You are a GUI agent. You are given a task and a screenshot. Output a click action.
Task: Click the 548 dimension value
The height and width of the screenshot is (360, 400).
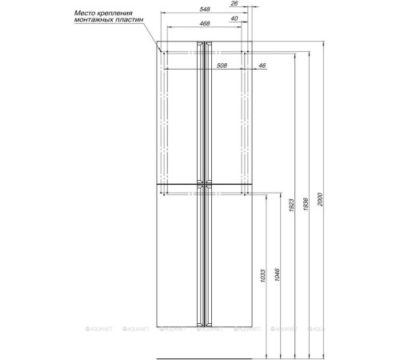pyautogui.click(x=205, y=9)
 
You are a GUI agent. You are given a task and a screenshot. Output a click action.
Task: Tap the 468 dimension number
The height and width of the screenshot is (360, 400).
pyautogui.click(x=205, y=23)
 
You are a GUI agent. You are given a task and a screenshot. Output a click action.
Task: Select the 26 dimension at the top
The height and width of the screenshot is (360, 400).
pyautogui.click(x=234, y=3)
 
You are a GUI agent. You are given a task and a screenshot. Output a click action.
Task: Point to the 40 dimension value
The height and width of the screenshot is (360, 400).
pyautogui.click(x=234, y=18)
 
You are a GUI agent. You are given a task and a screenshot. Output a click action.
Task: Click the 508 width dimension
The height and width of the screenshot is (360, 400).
pyautogui.click(x=222, y=66)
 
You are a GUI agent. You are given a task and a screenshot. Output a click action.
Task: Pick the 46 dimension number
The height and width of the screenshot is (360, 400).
pyautogui.click(x=262, y=66)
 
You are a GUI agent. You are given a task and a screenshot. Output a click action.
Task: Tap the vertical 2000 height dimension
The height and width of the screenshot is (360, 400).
pyautogui.click(x=320, y=199)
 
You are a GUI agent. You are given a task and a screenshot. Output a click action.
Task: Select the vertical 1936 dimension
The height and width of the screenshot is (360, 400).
pyautogui.click(x=306, y=204)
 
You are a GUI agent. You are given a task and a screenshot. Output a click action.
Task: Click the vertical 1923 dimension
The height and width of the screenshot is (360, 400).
pyautogui.click(x=291, y=206)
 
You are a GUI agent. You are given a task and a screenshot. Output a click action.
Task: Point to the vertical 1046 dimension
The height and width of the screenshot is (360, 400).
pyautogui.click(x=277, y=274)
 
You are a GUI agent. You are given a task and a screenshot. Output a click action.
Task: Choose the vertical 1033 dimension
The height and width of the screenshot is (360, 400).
pyautogui.click(x=262, y=276)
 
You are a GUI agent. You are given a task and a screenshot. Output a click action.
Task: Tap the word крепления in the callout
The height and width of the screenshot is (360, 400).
pyautogui.click(x=114, y=14)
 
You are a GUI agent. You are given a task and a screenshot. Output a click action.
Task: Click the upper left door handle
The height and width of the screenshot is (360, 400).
pyautogui.click(x=200, y=113)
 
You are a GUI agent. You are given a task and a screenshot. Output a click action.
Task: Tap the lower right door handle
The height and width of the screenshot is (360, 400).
pyautogui.click(x=208, y=256)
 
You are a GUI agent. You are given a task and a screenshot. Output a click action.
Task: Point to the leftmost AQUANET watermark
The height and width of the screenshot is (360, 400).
pyautogui.click(x=99, y=329)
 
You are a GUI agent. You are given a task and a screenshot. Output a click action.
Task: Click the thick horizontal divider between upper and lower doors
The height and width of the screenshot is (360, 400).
pyautogui.click(x=204, y=184)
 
